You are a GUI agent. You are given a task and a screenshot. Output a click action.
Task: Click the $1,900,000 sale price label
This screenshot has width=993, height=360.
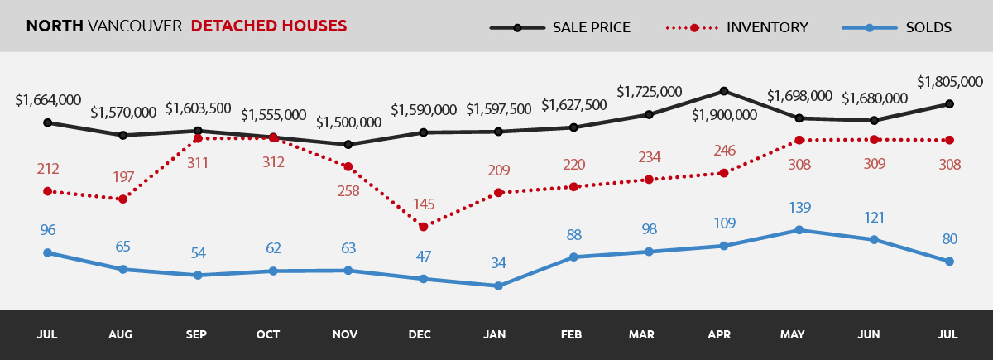pos(724,115)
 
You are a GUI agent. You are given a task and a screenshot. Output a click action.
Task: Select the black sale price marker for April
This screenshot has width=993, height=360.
pos(724,91)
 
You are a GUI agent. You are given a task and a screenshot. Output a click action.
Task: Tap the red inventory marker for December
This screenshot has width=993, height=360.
pos(423,227)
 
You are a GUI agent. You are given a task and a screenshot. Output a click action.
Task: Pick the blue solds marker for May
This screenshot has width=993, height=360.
pos(799,230)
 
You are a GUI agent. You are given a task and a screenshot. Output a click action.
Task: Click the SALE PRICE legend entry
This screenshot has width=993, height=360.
pos(591,27)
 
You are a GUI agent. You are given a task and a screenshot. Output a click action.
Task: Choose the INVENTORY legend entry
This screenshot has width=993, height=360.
pos(766,27)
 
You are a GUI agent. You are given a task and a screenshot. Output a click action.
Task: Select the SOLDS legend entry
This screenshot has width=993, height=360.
pos(928,27)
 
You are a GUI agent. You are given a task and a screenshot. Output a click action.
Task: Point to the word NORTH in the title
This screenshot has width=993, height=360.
pos(55,26)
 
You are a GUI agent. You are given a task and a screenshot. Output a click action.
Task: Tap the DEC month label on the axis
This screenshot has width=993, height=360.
pos(420,335)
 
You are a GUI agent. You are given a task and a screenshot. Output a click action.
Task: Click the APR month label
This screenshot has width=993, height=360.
pos(719,335)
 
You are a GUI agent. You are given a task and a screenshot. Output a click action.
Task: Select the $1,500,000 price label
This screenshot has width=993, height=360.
pos(348,122)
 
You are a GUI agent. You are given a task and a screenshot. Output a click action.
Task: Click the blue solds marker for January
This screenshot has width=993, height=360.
pos(498,286)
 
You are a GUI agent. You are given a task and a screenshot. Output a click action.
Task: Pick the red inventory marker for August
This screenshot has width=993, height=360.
pos(123,199)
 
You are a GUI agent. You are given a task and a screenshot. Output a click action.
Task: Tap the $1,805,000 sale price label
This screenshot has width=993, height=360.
pos(949,82)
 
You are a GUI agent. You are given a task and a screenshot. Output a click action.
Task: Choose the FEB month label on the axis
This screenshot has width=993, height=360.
pos(570,335)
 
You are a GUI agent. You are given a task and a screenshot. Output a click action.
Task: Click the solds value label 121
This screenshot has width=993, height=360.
pos(874,218)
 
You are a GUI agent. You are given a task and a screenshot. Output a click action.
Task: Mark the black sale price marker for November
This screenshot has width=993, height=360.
pos(348,145)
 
